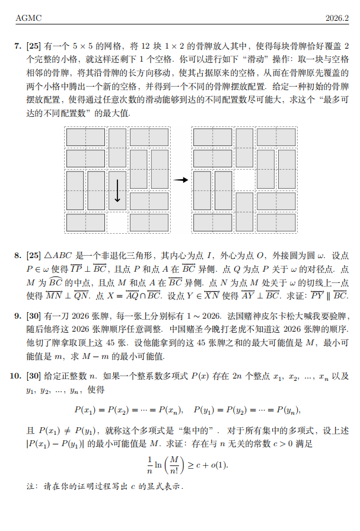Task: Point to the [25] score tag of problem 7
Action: pos(33,45)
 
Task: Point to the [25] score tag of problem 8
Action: pos(33,256)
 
